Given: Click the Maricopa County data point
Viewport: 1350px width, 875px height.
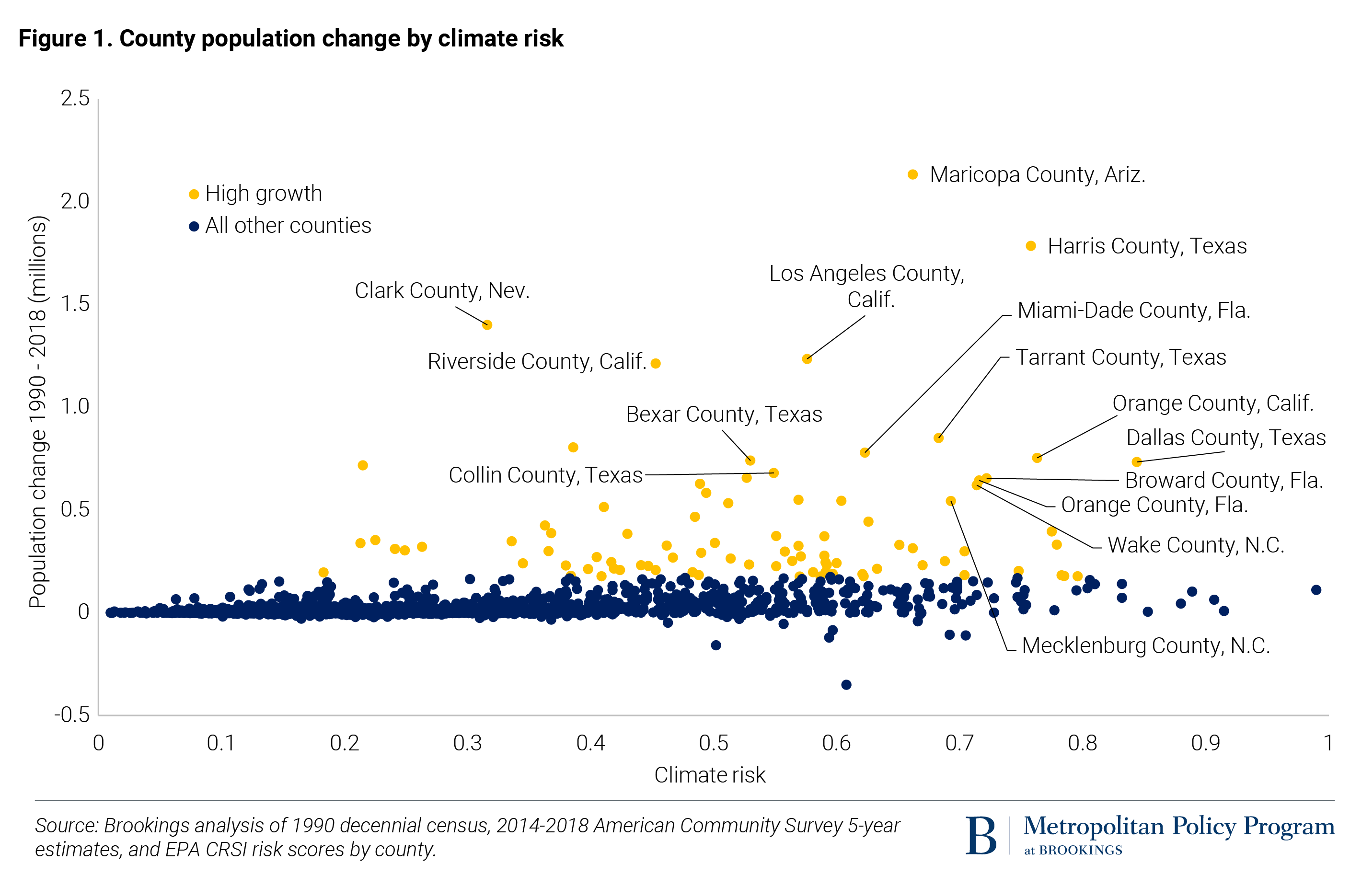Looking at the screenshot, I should point(912,174).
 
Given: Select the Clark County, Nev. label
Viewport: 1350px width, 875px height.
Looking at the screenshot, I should point(442,291).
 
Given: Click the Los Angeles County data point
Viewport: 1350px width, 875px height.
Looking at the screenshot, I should point(807,359).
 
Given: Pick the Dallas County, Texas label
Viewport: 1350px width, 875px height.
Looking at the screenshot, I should point(1226,438).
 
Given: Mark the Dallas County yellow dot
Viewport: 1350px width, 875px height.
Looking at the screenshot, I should point(1136,462).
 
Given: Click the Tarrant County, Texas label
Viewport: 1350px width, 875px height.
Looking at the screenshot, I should point(1121,357).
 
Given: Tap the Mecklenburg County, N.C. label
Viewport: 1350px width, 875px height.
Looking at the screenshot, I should point(1145,646).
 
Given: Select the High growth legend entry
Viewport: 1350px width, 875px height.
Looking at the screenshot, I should point(263,194).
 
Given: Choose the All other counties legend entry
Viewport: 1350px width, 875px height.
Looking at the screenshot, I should point(288,226).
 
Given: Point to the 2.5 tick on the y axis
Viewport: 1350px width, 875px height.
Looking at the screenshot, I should point(75,99).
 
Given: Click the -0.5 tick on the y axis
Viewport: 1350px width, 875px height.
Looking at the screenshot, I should point(72,714).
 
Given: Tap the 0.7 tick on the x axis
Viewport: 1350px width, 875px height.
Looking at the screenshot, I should point(959,743).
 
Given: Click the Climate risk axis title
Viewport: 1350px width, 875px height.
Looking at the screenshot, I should point(710,775).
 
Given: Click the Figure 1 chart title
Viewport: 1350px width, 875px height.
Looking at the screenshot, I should point(290,38).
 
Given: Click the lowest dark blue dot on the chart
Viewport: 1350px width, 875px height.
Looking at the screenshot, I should point(846,684).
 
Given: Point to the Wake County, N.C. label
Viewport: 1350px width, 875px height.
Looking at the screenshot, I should point(1196,545).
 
